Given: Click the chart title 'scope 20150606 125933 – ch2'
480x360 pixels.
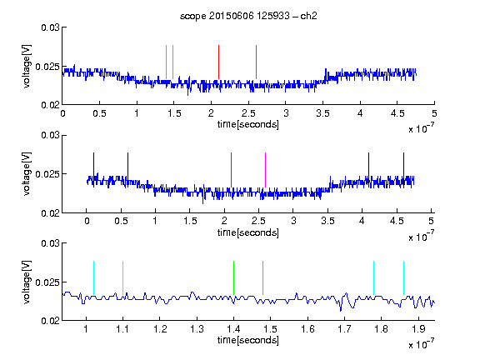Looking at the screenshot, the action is click(248, 16).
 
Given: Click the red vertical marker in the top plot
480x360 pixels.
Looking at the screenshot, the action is click(218, 62).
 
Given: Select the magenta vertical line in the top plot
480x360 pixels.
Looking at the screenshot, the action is click(256, 62).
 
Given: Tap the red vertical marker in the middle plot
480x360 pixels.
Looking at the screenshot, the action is click(231, 170).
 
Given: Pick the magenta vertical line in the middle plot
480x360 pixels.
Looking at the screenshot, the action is click(265, 170).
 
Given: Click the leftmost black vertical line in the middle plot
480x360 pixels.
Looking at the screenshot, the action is click(93, 170).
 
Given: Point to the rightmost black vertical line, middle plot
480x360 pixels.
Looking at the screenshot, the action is click(403, 170).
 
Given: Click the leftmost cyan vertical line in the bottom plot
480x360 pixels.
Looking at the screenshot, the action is click(93, 278).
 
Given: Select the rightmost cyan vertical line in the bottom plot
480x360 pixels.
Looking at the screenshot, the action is click(403, 278).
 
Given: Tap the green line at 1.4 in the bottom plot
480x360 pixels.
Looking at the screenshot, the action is click(233, 278).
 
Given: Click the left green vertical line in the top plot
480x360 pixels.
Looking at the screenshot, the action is click(166, 62).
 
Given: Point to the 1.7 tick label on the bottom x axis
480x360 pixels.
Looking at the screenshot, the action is click(344, 329).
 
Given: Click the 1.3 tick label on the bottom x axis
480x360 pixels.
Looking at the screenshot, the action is click(197, 329).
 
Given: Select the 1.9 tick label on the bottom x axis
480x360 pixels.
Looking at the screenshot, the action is click(418, 329).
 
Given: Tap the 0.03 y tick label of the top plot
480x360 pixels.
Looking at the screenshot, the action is click(50, 27).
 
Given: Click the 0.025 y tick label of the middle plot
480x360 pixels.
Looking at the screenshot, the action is click(47, 174).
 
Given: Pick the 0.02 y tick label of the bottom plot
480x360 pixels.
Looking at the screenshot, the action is click(50, 321).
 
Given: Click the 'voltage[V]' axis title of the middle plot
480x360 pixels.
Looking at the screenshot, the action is click(27, 173).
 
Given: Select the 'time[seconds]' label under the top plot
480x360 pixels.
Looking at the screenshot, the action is click(248, 125).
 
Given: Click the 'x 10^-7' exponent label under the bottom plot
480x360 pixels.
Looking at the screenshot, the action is click(421, 344).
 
